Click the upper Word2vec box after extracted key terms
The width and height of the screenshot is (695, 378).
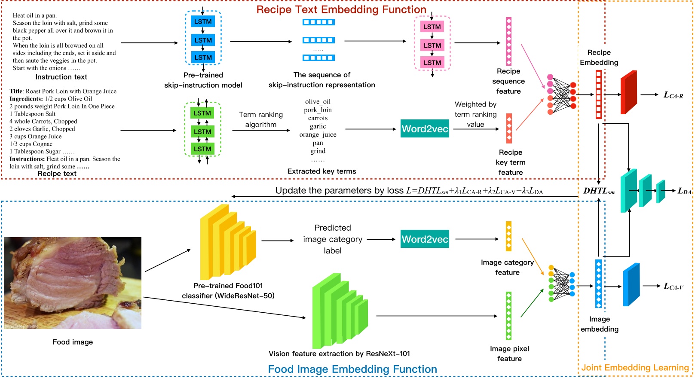[425, 128]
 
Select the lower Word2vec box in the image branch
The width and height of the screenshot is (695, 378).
[425, 239]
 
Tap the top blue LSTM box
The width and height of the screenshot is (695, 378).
[203, 21]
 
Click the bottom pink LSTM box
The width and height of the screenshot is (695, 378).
[432, 63]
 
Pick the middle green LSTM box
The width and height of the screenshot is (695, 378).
[202, 131]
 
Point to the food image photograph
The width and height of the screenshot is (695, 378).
[73, 283]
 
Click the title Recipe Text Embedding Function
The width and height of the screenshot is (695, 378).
[341, 9]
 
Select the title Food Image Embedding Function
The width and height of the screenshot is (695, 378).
[352, 369]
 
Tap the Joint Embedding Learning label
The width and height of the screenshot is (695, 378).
[635, 368]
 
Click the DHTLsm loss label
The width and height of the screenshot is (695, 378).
[599, 191]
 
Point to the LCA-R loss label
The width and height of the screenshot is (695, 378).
[673, 95]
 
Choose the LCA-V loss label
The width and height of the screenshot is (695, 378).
[673, 287]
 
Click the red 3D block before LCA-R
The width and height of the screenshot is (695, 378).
[628, 93]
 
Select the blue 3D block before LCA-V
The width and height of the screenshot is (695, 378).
[631, 284]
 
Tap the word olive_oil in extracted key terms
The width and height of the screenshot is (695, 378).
[318, 102]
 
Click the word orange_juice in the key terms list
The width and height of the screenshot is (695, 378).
[318, 134]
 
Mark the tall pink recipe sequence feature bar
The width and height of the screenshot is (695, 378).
[508, 41]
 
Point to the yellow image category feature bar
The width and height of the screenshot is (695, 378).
[508, 236]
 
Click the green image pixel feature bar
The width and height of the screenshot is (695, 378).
[508, 316]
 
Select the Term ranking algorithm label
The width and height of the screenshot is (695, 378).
[261, 119]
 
